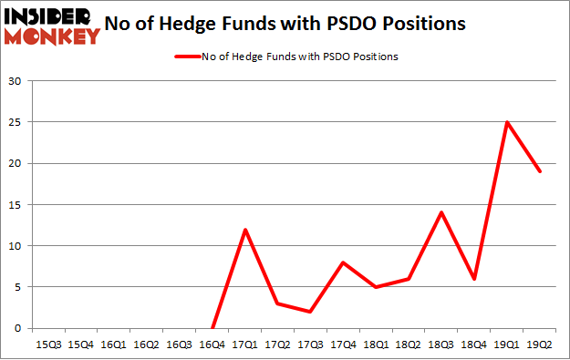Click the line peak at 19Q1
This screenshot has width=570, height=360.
505,122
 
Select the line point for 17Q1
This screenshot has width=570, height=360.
244,230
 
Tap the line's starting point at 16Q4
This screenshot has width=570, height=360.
212,328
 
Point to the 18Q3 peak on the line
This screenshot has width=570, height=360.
440,212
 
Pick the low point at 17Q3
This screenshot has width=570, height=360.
310,312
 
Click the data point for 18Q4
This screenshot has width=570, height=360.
473,279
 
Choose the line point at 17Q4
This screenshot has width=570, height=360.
343,262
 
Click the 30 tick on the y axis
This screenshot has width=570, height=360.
16,81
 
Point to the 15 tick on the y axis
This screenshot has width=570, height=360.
16,205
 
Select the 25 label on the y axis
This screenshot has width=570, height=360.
16,122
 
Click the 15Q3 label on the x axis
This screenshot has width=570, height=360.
48,345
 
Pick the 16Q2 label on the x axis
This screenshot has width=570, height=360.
146,345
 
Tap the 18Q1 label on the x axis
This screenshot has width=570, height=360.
375,345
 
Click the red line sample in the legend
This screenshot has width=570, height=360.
185,56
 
